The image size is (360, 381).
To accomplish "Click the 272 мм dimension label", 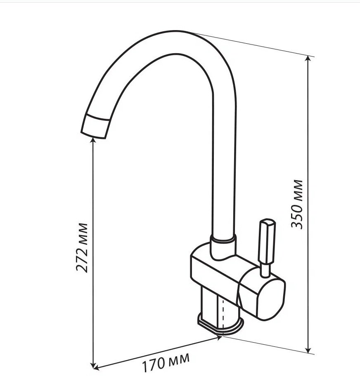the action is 82,247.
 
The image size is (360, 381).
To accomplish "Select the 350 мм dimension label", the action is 297,204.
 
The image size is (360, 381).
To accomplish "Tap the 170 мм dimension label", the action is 166,362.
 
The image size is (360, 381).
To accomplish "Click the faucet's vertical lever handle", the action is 267,242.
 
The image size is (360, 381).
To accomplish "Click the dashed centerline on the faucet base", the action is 223,313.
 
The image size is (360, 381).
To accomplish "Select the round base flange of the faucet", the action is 220,325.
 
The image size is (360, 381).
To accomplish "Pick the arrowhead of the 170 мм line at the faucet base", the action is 219,337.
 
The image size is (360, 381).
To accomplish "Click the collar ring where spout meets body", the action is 223,239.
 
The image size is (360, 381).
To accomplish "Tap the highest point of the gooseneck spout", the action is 178,31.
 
